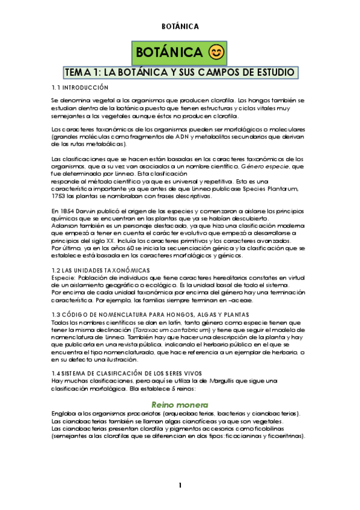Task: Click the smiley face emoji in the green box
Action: [x=216, y=53]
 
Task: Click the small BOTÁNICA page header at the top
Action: [x=180, y=26]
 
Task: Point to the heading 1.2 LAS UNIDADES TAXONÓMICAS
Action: [x=100, y=270]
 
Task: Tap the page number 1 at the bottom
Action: [x=180, y=485]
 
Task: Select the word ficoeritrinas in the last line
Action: [x=282, y=436]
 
